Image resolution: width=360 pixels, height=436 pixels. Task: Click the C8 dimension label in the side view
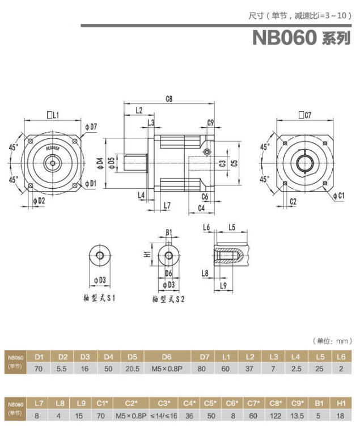coord(169,99)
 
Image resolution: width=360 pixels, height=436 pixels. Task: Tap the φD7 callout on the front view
coord(91,126)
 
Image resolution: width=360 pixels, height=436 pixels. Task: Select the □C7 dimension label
coord(305,116)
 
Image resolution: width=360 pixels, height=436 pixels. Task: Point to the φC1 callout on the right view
coord(338,196)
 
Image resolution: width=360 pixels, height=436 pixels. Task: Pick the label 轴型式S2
coord(168,299)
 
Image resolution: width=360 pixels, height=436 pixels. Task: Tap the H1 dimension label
coord(146,254)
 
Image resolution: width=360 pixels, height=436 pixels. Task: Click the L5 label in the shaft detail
coord(231,227)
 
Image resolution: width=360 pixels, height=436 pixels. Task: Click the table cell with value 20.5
coord(132,369)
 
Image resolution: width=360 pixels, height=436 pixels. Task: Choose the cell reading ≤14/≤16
coord(164,416)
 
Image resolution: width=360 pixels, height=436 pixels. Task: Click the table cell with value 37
coord(250,369)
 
